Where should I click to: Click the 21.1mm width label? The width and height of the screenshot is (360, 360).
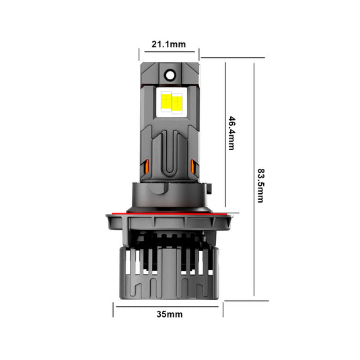(168, 44)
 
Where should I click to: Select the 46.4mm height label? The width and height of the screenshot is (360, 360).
(231, 133)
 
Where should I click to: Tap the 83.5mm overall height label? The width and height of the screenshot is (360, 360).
(260, 180)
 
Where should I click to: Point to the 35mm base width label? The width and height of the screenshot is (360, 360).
(168, 314)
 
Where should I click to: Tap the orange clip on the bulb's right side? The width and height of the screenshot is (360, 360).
(193, 166)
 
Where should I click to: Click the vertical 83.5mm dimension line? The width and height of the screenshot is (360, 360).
(254, 180)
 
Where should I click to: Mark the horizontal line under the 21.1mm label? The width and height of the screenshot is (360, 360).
(169, 51)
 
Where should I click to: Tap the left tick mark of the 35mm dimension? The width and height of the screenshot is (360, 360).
(114, 309)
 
